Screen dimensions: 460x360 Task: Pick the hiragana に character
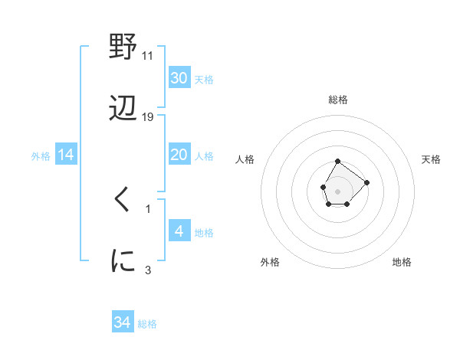coord(123,261)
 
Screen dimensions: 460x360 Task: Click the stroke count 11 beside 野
coord(148,55)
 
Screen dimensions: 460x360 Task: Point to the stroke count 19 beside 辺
coord(148,117)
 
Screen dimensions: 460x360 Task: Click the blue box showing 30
coord(179,78)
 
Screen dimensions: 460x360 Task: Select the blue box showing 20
coord(179,155)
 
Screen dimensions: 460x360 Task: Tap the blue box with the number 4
coord(179,231)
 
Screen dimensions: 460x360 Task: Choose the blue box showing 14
coord(66,155)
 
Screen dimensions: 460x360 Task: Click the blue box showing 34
coord(122,322)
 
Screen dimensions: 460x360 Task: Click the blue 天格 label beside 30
coord(203,80)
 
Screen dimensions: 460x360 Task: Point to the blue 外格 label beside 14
coord(41,156)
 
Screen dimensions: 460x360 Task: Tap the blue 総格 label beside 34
coord(147,324)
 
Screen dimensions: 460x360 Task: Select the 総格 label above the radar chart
coord(338,100)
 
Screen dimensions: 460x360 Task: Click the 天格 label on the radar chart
coord(431,159)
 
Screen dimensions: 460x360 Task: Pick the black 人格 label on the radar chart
coord(245,159)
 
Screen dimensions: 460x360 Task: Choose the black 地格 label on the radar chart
coord(402,262)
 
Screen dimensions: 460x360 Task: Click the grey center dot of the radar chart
coord(337,190)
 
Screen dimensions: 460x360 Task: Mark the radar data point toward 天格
coord(366,182)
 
